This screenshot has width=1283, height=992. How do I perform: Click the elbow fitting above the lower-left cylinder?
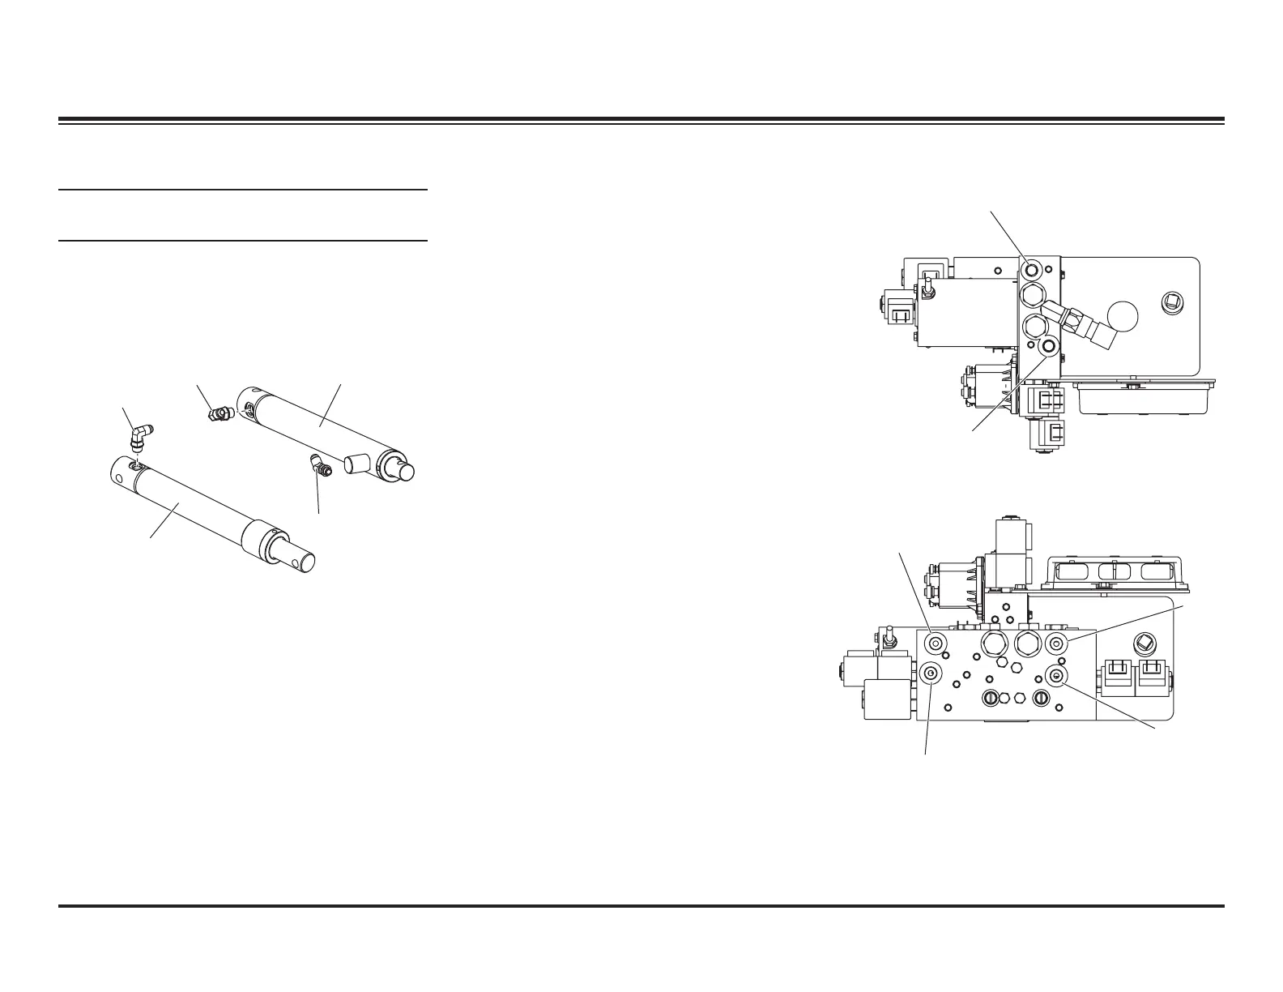point(143,438)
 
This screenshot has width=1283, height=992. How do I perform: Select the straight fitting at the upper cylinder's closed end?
point(218,414)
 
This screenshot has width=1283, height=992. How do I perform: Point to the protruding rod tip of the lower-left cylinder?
point(301,560)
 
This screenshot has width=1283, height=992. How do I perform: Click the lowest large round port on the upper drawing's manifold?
point(1050,347)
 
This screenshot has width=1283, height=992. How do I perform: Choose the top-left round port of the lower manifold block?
point(936,644)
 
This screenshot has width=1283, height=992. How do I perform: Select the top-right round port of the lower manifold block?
point(1056,644)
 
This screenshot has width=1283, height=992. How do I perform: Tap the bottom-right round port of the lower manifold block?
point(1056,675)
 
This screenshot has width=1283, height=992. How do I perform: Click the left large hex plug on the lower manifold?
point(993,644)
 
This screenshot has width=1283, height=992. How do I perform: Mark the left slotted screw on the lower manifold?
point(991,699)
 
